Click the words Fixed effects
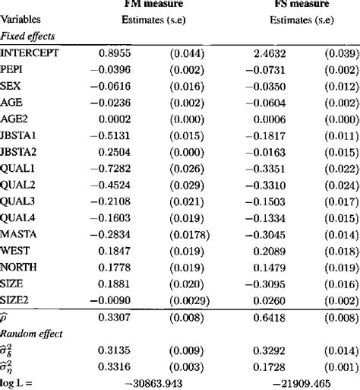coord(27,36)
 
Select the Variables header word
coord(21,20)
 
